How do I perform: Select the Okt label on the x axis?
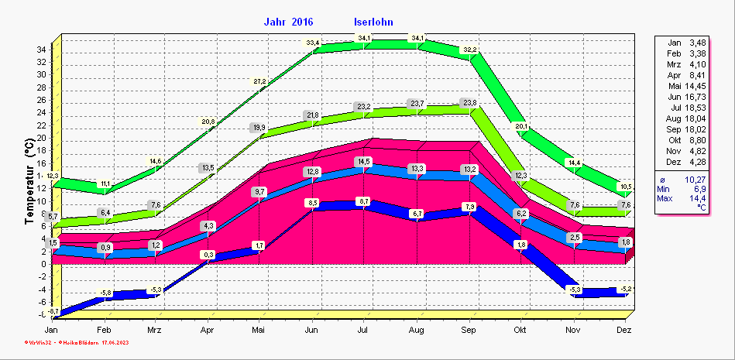click(x=520, y=330)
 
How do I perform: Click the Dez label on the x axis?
click(x=625, y=330)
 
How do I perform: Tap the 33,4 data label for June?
click(x=312, y=42)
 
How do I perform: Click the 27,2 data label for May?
click(x=260, y=81)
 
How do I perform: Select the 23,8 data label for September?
click(x=469, y=103)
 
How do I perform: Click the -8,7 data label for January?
click(x=53, y=310)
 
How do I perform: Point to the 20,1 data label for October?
click(x=521, y=126)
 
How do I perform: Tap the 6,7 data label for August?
click(x=417, y=214)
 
